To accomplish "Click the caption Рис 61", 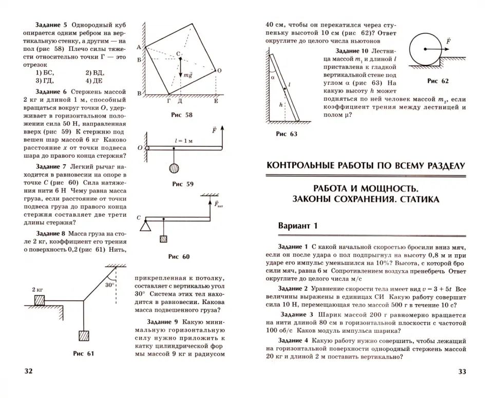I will pos(84,353).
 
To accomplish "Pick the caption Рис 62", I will pos(438,81).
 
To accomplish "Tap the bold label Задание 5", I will pos(51,25).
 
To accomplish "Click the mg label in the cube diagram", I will pos(187,75).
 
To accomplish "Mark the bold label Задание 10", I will pos(351,51).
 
